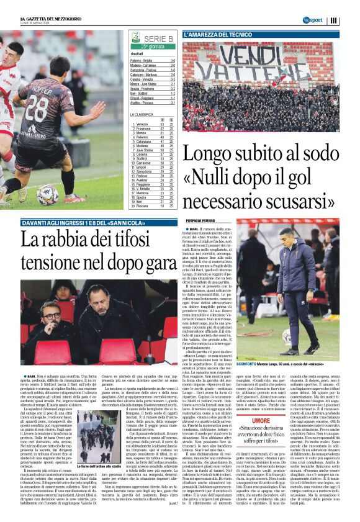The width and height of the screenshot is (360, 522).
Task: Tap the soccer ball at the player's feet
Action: (x=47, y=194)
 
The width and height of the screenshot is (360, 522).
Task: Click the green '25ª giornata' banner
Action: (x=153, y=47)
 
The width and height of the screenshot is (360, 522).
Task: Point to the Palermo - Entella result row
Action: (x=153, y=60)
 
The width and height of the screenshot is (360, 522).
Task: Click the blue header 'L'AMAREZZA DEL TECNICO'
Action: (x=218, y=35)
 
